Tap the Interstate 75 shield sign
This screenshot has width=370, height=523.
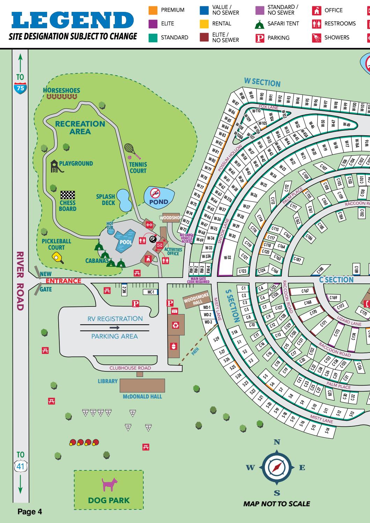click(21, 88)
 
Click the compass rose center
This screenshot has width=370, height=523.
click(277, 468)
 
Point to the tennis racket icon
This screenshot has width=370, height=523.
click(131, 150)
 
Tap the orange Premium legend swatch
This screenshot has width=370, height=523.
click(153, 10)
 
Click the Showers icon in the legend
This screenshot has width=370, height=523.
click(316, 38)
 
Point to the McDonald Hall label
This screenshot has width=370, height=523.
click(142, 397)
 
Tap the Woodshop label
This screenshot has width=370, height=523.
click(171, 218)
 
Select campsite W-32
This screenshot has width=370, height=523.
click(228, 257)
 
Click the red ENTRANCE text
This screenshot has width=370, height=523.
click(64, 281)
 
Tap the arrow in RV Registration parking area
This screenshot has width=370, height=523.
click(114, 328)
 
